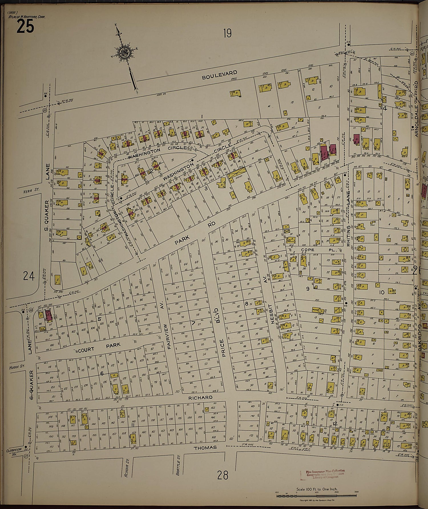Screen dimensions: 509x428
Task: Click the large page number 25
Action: pyautogui.click(x=25, y=27)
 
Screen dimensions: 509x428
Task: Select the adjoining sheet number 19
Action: pyautogui.click(x=227, y=34)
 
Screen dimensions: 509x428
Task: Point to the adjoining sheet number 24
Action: pyautogui.click(x=29, y=276)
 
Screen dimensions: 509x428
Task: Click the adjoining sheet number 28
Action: pyautogui.click(x=223, y=475)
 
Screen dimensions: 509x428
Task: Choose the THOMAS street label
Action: pyautogui.click(x=205, y=448)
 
